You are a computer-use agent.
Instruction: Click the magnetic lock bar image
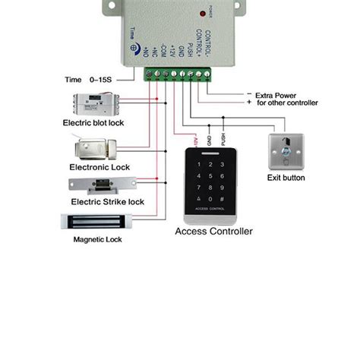point(96,222)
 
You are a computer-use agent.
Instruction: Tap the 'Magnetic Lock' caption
point(98,239)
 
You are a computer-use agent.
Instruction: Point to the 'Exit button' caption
point(287,178)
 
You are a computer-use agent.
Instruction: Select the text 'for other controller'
point(287,103)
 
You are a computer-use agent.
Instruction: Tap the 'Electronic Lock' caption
point(99,166)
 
